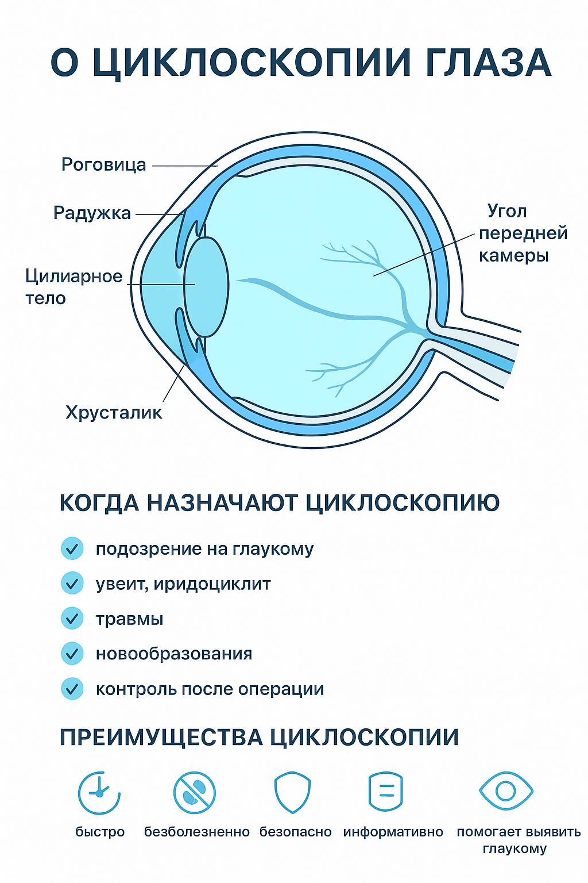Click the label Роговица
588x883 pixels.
[103, 165]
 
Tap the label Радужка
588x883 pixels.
[92, 213]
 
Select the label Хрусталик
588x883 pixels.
[114, 413]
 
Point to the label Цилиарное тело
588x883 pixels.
[74, 287]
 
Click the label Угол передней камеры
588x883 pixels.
[523, 233]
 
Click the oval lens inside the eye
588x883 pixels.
[206, 287]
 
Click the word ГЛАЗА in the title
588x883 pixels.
[488, 63]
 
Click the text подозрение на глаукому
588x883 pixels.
[205, 549]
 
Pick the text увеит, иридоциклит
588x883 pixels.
[183, 584]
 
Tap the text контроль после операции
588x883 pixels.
[210, 689]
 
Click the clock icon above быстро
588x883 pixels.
[99, 792]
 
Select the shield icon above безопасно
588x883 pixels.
[293, 792]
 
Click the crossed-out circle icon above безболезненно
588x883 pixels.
[195, 792]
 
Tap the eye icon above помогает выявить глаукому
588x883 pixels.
[506, 791]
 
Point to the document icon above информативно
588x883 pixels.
[385, 792]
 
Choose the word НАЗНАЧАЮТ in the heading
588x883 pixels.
[223, 503]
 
